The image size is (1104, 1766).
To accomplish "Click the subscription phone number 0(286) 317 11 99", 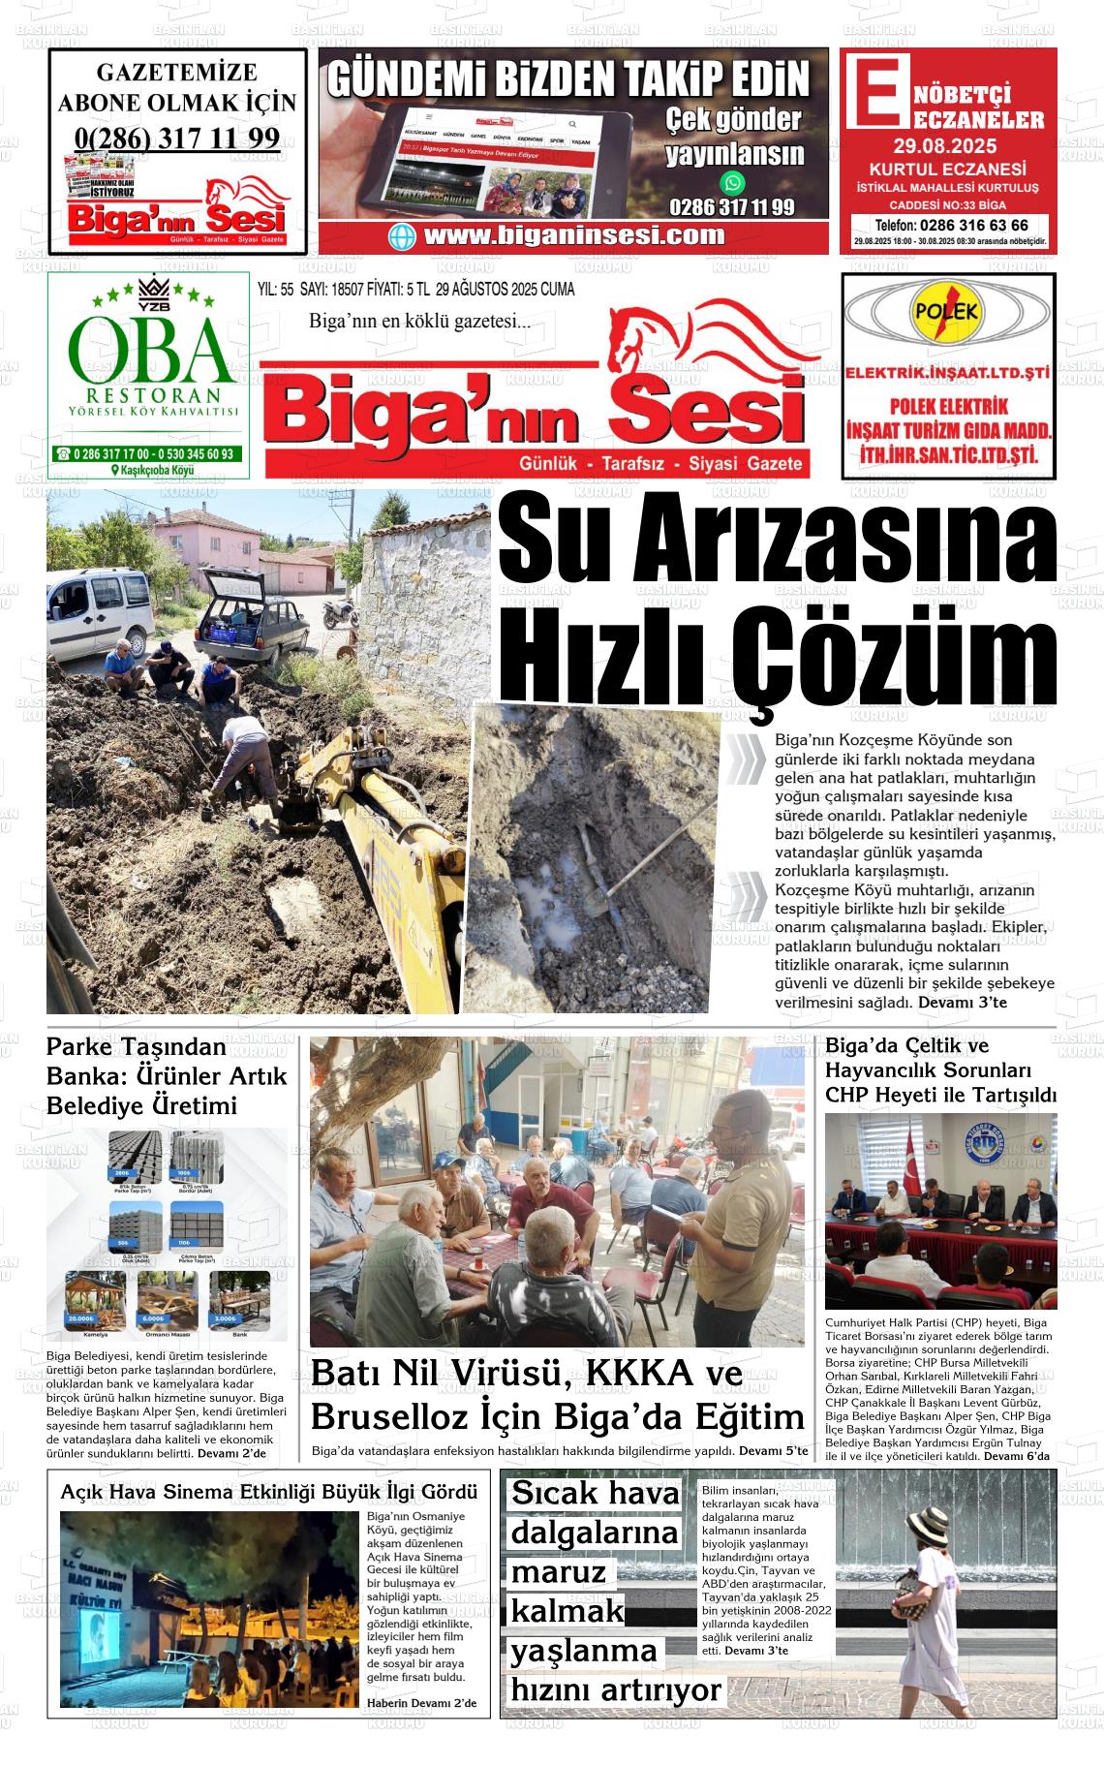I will [177, 139].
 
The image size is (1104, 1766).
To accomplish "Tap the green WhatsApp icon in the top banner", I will [733, 182].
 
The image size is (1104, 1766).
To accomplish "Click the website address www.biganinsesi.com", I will [573, 235].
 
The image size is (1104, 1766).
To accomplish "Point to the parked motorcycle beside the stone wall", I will [340, 612].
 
